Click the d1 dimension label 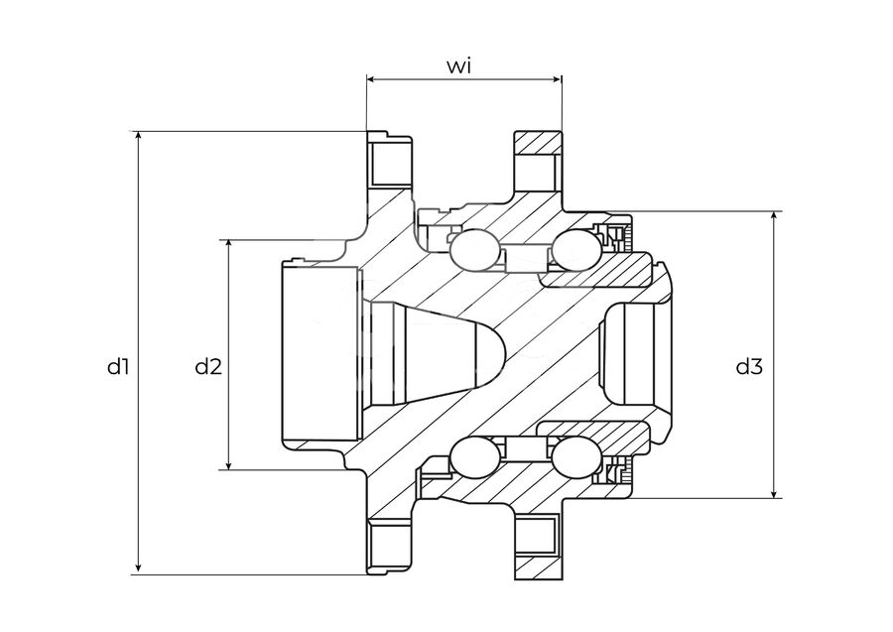pos(118,367)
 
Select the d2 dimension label pos(208,367)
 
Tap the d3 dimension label pos(749,367)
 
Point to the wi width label pos(459,66)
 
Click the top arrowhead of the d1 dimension pos(138,136)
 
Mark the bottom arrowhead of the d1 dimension pos(138,568)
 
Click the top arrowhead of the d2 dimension pos(229,245)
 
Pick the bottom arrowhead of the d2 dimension pos(229,464)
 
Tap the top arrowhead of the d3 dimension pos(774,217)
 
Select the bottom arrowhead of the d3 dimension pos(774,492)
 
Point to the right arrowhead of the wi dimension pos(556,79)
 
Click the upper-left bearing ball pos(475,250)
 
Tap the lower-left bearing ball pos(475,458)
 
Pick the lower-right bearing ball pos(576,459)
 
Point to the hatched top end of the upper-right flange pos(538,142)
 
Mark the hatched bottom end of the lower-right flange pos(538,567)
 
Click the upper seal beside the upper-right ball pos(614,237)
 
